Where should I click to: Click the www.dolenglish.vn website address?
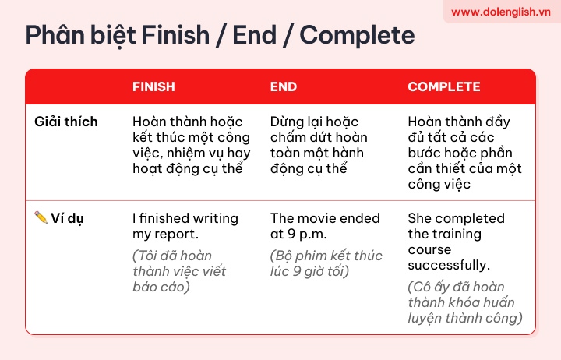pyautogui.click(x=500, y=12)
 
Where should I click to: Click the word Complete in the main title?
pyautogui.click(x=357, y=35)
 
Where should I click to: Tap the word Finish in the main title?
pyautogui.click(x=175, y=35)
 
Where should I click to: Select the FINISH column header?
pyautogui.click(x=153, y=86)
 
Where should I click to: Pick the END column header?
pyautogui.click(x=284, y=86)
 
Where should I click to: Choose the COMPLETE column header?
pyautogui.click(x=443, y=86)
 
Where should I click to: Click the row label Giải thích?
pyautogui.click(x=65, y=122)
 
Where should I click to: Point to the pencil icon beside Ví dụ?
pyautogui.click(x=41, y=217)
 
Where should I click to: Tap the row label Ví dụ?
pyautogui.click(x=67, y=218)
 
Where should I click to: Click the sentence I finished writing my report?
pyautogui.click(x=185, y=226)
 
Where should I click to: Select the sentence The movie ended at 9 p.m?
pyautogui.click(x=325, y=226)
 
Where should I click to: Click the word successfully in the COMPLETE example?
pyautogui.click(x=449, y=265)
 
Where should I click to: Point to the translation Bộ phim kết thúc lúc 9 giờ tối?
pyautogui.click(x=326, y=263)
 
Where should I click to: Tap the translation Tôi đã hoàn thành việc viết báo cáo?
pyautogui.click(x=179, y=271)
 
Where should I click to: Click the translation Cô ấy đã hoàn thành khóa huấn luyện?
pyautogui.click(x=465, y=302)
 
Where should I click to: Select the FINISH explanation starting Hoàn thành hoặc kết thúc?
pyautogui.click(x=192, y=145)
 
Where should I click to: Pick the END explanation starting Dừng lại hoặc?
pyautogui.click(x=319, y=145)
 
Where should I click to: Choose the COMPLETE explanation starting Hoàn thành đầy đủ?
pyautogui.click(x=464, y=153)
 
